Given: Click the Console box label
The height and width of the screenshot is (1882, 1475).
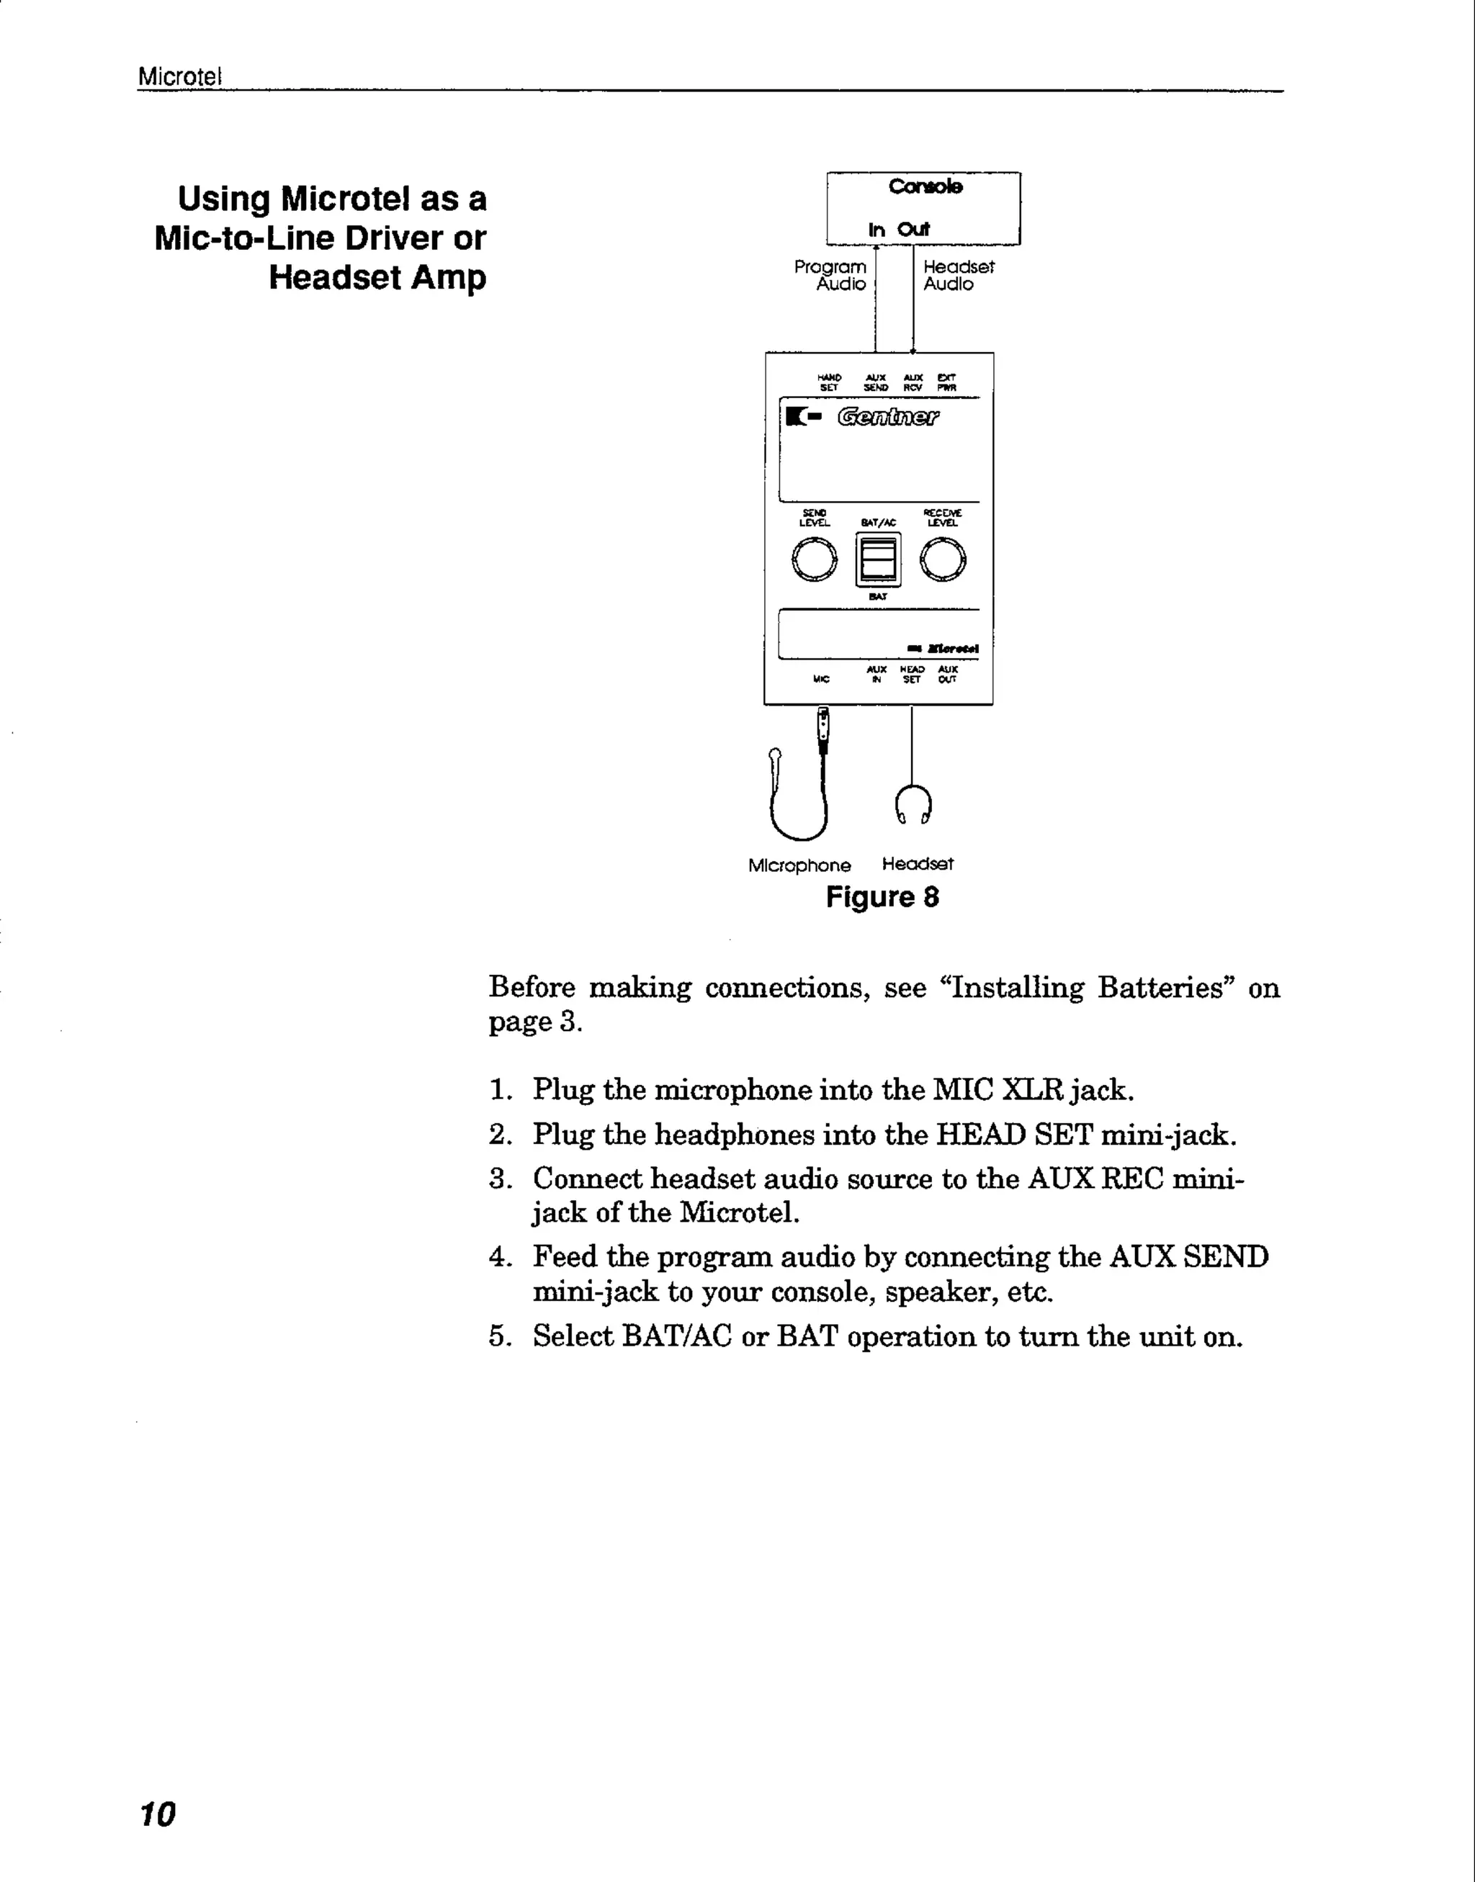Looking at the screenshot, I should tap(925, 186).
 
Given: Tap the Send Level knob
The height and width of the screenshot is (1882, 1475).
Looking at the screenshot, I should tap(814, 559).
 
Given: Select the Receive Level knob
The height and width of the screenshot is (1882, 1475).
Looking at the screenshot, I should tap(942, 559).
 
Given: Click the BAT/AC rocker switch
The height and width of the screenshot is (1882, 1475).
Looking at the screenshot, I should tap(878, 559).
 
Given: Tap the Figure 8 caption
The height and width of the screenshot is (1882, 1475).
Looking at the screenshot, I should tap(882, 897).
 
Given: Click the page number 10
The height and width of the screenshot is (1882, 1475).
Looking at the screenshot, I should tap(157, 1814).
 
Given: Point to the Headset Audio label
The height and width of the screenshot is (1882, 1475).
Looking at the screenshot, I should tap(958, 276).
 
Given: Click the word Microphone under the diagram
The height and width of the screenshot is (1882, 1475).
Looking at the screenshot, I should tap(799, 865).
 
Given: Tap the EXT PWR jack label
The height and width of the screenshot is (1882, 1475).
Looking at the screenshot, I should tap(946, 382).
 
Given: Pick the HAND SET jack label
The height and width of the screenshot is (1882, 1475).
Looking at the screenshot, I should tap(829, 382).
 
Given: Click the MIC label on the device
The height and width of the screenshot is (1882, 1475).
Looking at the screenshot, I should tap(821, 680).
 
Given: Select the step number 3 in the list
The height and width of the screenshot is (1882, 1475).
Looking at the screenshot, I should tap(499, 1179).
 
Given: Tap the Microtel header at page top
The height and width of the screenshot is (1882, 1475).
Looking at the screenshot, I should tap(179, 76).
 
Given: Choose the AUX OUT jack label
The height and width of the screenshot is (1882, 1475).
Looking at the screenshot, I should tap(947, 674).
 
